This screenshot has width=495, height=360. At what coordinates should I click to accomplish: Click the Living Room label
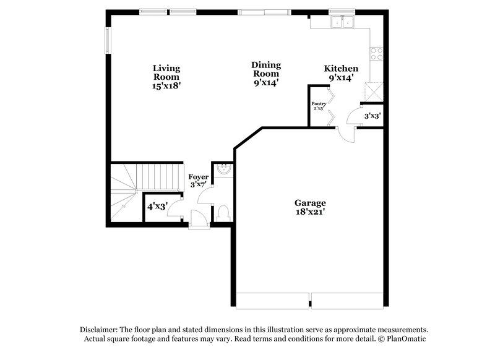click(166, 77)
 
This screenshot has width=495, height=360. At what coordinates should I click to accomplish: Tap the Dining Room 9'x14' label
click(265, 74)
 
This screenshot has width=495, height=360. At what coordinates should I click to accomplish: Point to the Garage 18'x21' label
click(310, 207)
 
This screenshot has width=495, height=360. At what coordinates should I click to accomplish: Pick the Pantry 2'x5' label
click(319, 106)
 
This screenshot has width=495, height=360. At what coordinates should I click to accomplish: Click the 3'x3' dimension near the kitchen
click(372, 116)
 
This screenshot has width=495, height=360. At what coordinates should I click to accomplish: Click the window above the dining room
click(264, 11)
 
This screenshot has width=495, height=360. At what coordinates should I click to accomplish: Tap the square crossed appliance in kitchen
click(373, 92)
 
